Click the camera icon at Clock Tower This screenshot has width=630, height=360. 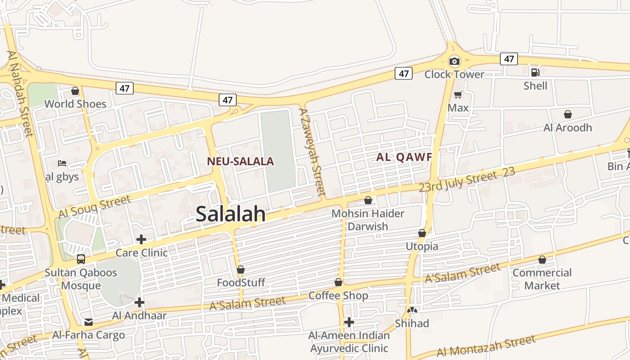pos(454,61)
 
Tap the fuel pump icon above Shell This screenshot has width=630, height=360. pos(535,72)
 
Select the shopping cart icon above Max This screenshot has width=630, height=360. pos(458,94)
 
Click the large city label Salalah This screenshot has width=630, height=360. pos(231,214)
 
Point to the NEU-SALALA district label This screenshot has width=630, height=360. pos(240,161)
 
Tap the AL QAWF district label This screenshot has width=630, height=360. pos(404,157)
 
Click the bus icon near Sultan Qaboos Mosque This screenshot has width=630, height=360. pos(81,259)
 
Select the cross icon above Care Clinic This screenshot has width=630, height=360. pos(141,239)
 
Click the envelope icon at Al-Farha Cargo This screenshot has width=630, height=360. pos(89,322)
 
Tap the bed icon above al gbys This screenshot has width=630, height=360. pos(62,163)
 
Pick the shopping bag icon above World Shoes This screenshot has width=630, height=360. pos(75,91)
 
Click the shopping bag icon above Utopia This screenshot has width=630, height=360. pos(422,233)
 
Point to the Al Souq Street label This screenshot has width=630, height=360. pos(94,207)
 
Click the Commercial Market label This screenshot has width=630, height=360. pos(542,279)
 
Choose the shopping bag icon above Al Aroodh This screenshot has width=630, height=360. pos(568,114)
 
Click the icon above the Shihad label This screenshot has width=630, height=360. pos(412,310)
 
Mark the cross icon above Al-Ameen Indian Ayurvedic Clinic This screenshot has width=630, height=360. pos(349,322)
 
